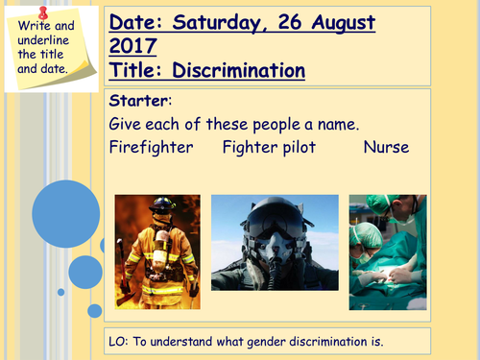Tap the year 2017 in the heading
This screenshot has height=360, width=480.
click(137, 45)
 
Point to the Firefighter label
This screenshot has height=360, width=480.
click(151, 147)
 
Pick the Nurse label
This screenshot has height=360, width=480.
click(386, 147)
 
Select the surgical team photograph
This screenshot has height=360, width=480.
click(386, 252)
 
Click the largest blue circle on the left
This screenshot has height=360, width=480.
click(60, 208)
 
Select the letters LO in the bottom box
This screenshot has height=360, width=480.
click(120, 342)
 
